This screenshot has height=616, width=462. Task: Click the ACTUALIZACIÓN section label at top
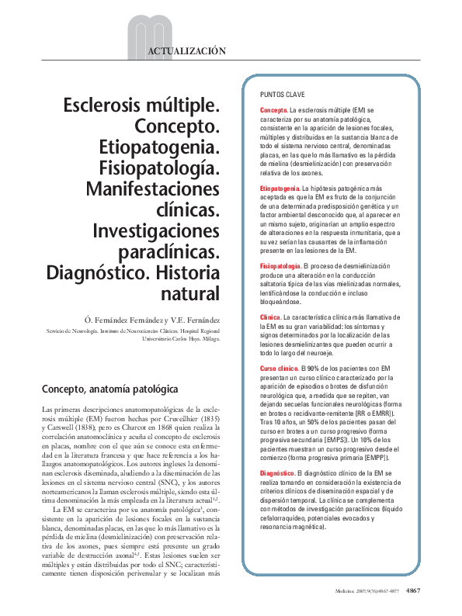pos(186,51)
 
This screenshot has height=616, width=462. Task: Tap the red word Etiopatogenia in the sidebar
pos(280,189)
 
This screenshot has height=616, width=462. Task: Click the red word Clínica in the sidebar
pos(270,318)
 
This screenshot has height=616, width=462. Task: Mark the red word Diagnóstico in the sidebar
pos(277,473)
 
